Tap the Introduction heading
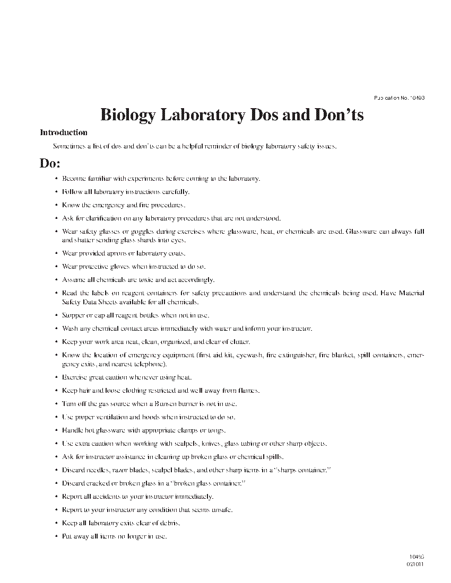click(64, 132)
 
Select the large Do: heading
click(50, 163)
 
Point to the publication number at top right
click(399, 98)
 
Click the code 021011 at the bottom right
click(415, 564)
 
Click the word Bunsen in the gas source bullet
click(158, 404)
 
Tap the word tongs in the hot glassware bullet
click(218, 430)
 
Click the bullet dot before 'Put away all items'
click(56, 536)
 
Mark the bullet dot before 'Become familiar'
click(56, 179)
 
